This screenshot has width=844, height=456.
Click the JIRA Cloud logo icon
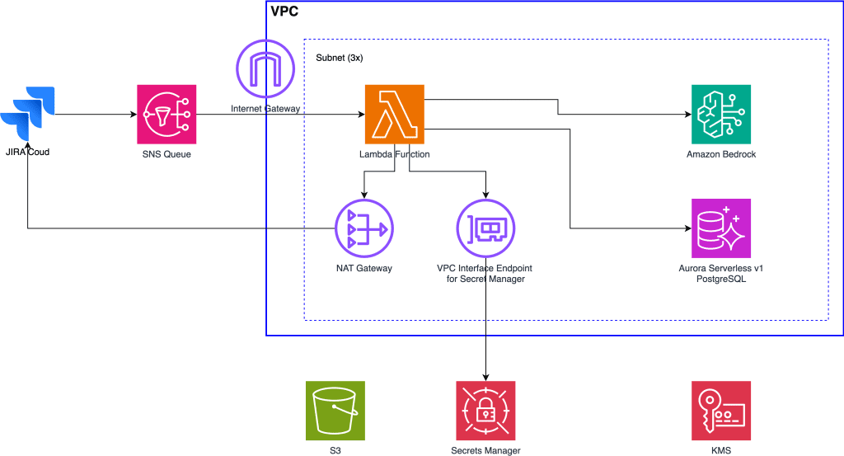[x=28, y=115]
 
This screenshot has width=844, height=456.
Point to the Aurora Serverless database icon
[x=720, y=228]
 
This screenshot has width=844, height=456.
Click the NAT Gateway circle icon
[x=363, y=228]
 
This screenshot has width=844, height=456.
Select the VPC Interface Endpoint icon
[x=485, y=228]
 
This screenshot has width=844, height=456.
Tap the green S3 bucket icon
[x=335, y=411]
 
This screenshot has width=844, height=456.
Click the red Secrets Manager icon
[x=485, y=411]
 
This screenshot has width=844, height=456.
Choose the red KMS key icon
[x=720, y=411]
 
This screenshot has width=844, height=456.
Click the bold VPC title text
[x=284, y=12]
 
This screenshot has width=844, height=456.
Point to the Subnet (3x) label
[x=340, y=59]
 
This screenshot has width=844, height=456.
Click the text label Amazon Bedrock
[x=720, y=154]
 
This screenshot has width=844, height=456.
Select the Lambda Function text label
[x=394, y=154]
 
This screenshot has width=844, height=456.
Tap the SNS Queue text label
[x=166, y=154]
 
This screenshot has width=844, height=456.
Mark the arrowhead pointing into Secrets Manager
[x=485, y=376]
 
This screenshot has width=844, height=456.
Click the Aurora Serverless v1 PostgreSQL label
[x=720, y=274]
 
